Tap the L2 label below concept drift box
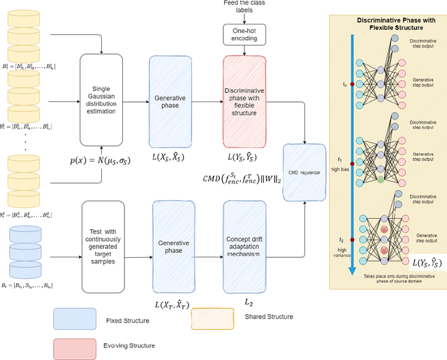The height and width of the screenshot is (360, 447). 247,301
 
